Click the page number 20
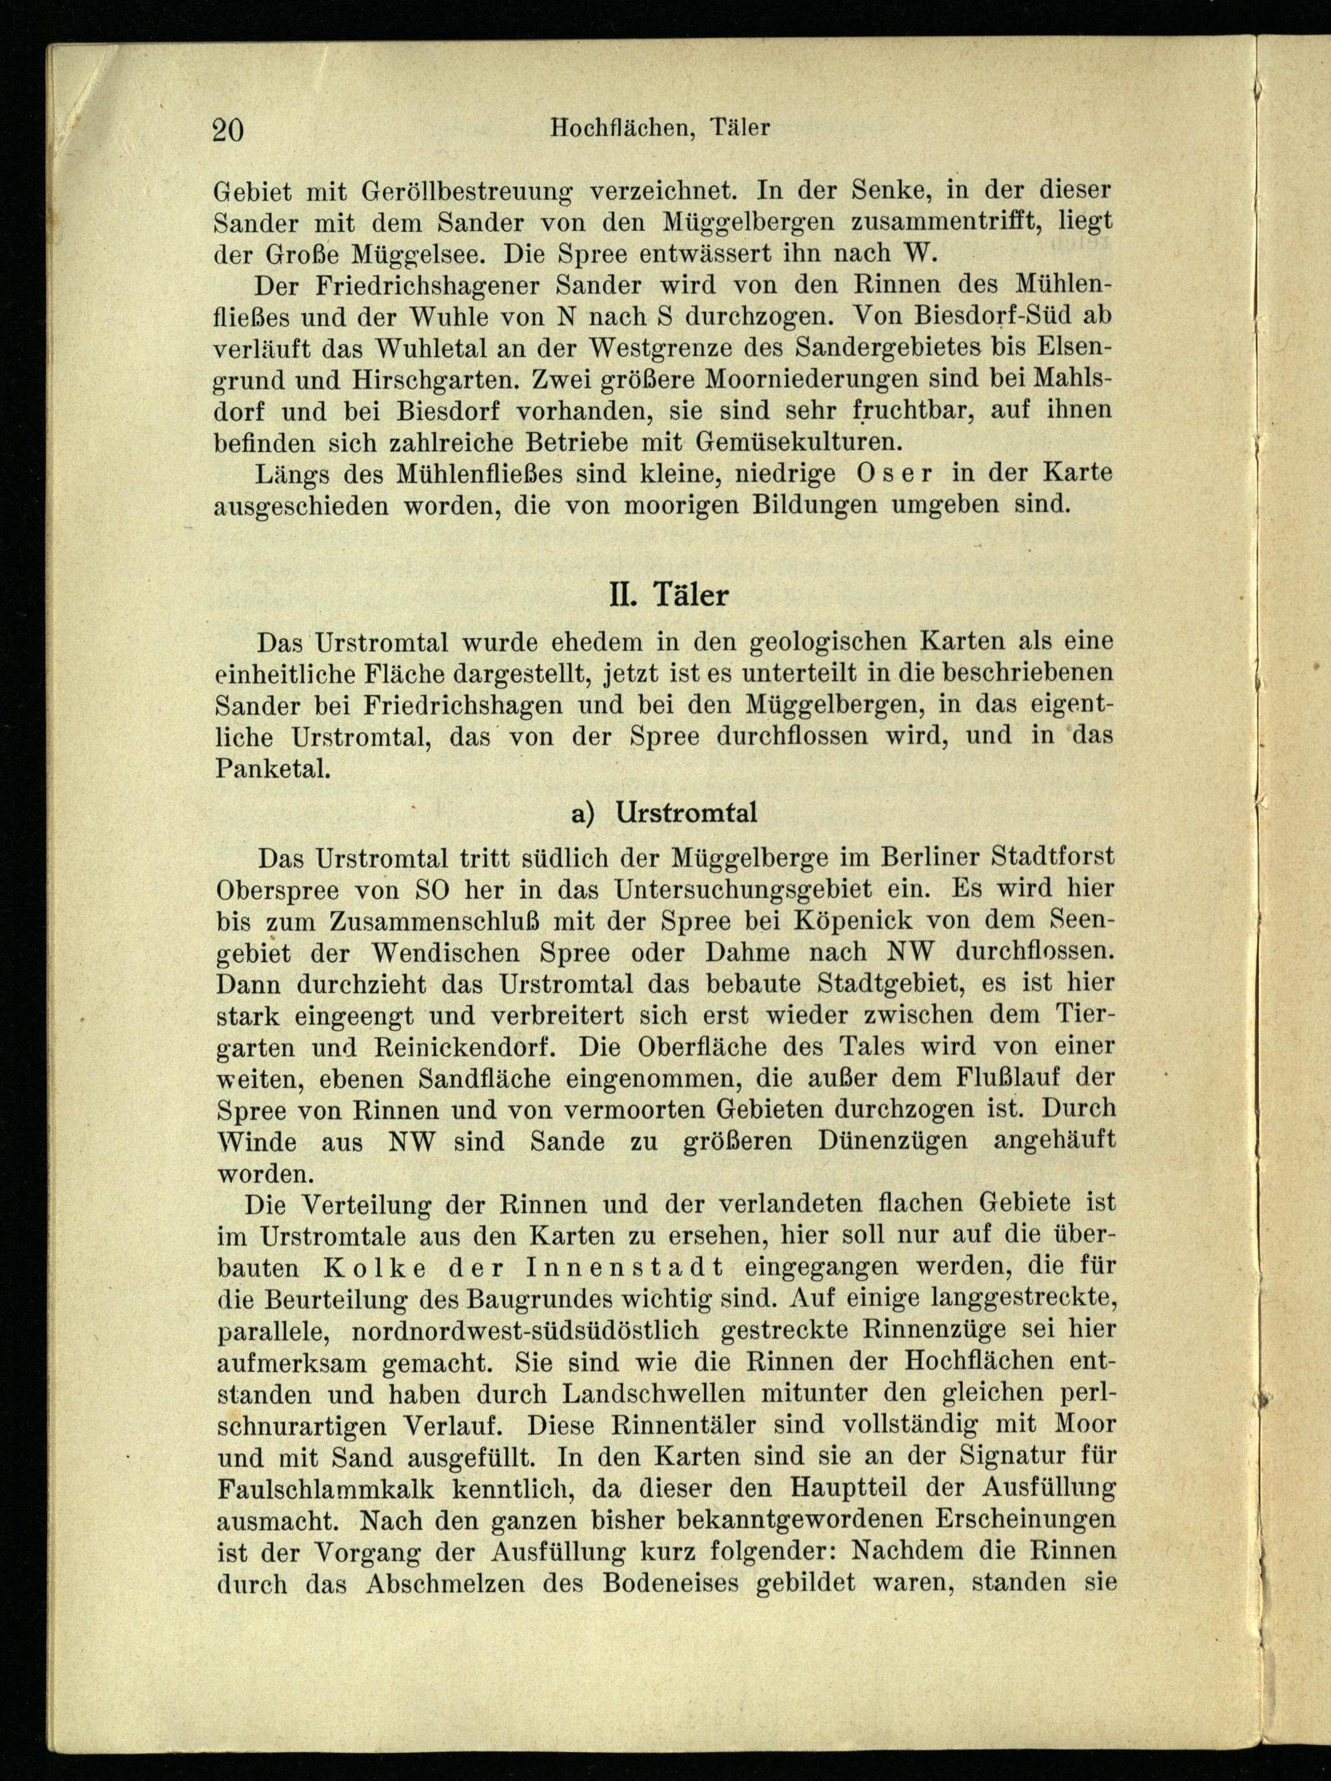[228, 129]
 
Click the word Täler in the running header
[741, 127]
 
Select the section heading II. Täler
[668, 595]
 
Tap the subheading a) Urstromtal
[664, 813]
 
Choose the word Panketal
[273, 768]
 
